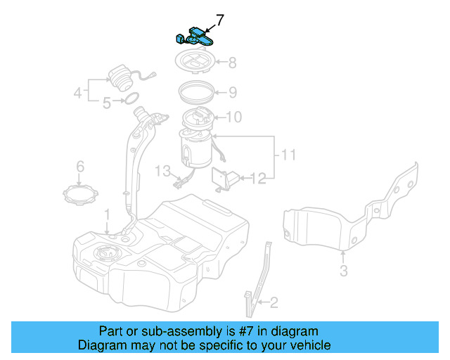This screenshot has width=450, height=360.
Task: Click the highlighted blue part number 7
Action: coord(195,36)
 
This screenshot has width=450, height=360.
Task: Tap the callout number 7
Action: coord(220,20)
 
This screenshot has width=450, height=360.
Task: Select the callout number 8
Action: coord(231,62)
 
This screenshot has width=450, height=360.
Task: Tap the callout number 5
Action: coord(107,103)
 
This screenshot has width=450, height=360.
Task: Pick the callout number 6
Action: coord(80,167)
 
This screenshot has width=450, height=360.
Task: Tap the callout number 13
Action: coord(163,170)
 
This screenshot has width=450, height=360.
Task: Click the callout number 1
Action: coord(107,213)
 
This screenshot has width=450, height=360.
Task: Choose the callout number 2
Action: coord(274,303)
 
